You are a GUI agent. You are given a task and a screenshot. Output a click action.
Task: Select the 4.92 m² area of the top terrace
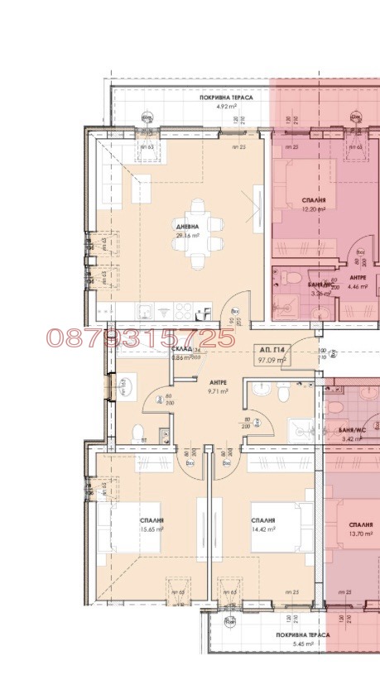pos(226,107)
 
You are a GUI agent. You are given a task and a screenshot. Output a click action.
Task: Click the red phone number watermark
pos(141,337)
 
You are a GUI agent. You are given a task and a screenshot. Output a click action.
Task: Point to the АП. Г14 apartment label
pos(270,351)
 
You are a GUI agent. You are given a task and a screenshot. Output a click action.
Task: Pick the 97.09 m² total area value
pos(271,361)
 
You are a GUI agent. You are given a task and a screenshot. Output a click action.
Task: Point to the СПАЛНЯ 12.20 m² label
pos(313,205)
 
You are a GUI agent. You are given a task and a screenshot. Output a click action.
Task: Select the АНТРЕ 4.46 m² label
pos(358,282)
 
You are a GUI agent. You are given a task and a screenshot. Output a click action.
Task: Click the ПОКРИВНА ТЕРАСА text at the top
pos(226,98)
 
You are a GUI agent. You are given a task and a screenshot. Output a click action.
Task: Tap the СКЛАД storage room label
pos(183,350)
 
